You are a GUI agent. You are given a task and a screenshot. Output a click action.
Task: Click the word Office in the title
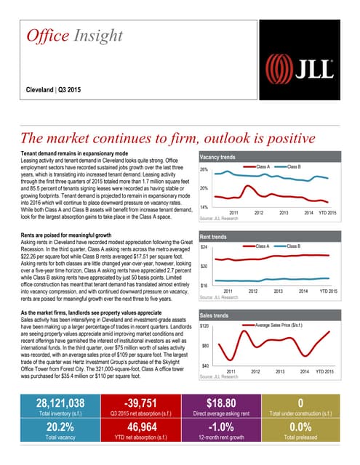(x=47, y=36)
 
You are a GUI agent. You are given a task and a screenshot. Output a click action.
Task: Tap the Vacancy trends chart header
(x=218, y=157)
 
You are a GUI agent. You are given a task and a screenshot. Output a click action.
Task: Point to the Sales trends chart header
(x=215, y=316)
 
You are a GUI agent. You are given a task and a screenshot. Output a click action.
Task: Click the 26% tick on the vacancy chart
(x=204, y=169)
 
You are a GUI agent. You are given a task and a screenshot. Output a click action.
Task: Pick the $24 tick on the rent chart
(x=204, y=248)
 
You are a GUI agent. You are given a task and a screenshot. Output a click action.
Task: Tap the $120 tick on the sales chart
(x=206, y=327)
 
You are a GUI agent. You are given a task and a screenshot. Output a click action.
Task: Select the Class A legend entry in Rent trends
(x=261, y=247)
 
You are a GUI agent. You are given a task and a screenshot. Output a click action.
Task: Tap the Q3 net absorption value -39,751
(x=137, y=403)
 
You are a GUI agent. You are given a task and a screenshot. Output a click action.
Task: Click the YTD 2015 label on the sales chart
(x=327, y=372)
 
